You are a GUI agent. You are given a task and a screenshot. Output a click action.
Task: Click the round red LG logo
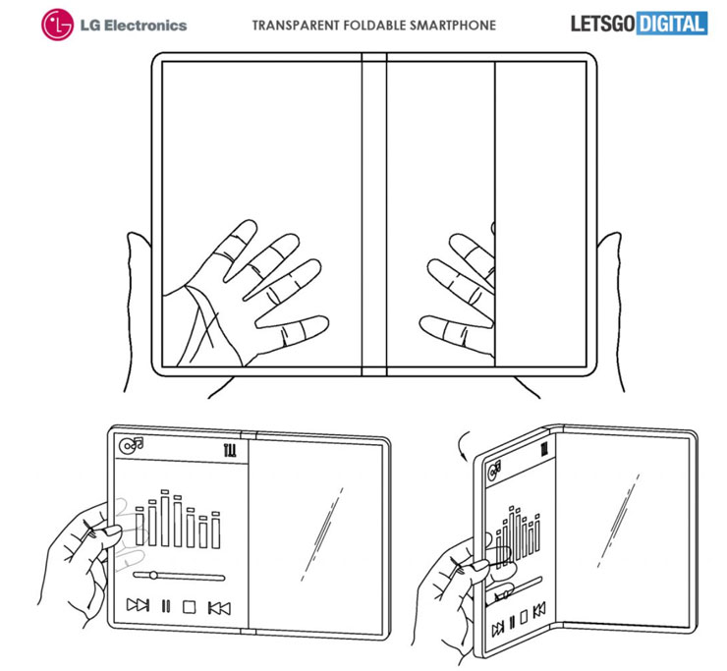click(58, 25)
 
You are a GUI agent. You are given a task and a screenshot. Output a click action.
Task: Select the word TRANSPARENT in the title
click(296, 25)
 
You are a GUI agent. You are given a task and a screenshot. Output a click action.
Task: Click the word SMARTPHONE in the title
click(458, 25)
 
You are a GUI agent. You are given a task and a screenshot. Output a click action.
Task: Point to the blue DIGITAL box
click(672, 24)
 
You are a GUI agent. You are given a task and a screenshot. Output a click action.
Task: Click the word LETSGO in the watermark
click(602, 24)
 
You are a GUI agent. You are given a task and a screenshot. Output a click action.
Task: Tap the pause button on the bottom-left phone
click(165, 606)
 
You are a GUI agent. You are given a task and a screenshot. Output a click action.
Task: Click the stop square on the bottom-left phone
click(190, 607)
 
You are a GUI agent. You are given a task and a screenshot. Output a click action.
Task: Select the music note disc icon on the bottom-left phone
click(132, 445)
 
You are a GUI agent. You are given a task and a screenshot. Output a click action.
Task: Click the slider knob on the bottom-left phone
click(153, 576)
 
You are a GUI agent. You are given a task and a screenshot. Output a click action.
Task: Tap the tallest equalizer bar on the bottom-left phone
click(165, 519)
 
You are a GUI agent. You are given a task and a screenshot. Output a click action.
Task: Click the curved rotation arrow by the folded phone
click(462, 446)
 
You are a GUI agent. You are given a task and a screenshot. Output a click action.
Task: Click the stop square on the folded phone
click(524, 617)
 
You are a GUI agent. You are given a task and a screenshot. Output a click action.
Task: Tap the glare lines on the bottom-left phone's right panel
click(322, 533)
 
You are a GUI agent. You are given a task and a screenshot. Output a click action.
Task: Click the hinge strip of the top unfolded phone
click(374, 214)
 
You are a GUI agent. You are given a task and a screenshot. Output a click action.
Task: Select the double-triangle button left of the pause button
click(139, 605)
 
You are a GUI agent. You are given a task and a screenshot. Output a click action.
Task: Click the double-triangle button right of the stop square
click(219, 608)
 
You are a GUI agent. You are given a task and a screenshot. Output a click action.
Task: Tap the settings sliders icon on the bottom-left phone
click(230, 450)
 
